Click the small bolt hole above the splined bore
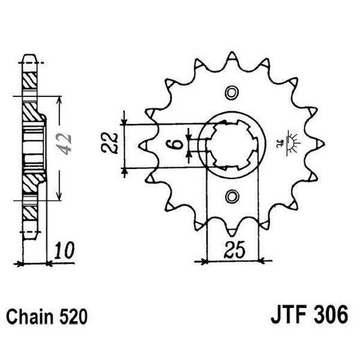[232, 92]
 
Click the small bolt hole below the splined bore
[232, 197]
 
